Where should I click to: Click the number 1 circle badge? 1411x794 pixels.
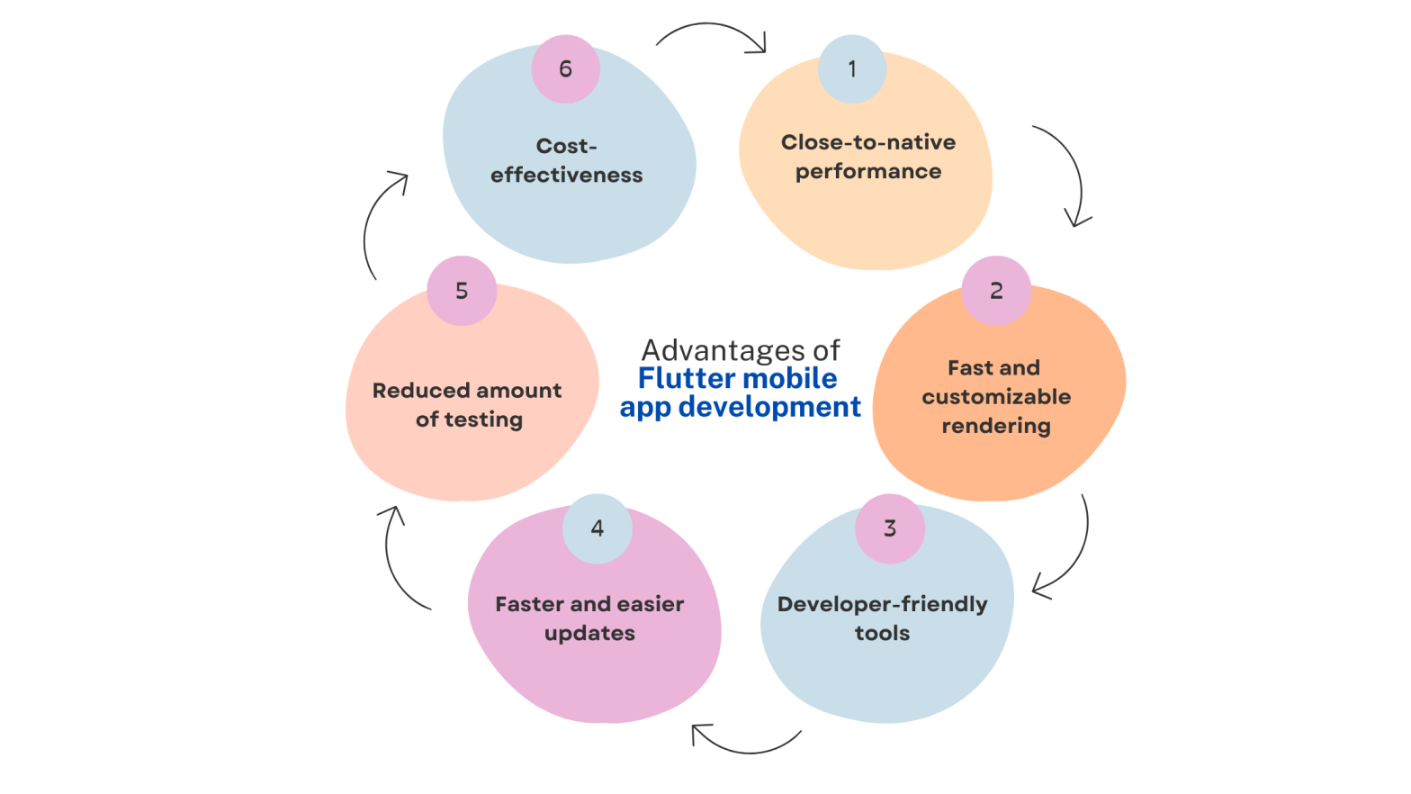pyautogui.click(x=852, y=69)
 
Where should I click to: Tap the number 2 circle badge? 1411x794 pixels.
pyautogui.click(x=996, y=291)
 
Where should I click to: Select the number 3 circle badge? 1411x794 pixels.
pyautogui.click(x=890, y=528)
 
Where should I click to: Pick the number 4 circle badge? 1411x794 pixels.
pyautogui.click(x=598, y=528)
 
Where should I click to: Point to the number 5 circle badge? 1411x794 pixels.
pyautogui.click(x=462, y=291)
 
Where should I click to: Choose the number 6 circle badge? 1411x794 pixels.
pyautogui.click(x=565, y=69)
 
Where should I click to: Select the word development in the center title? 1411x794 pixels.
pyautogui.click(x=769, y=407)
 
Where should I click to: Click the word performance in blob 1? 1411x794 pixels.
pyautogui.click(x=868, y=171)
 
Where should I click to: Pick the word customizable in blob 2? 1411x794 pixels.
pyautogui.click(x=996, y=397)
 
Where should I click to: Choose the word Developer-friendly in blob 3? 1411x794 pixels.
pyautogui.click(x=882, y=604)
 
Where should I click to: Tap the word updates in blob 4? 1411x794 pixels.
pyautogui.click(x=589, y=634)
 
